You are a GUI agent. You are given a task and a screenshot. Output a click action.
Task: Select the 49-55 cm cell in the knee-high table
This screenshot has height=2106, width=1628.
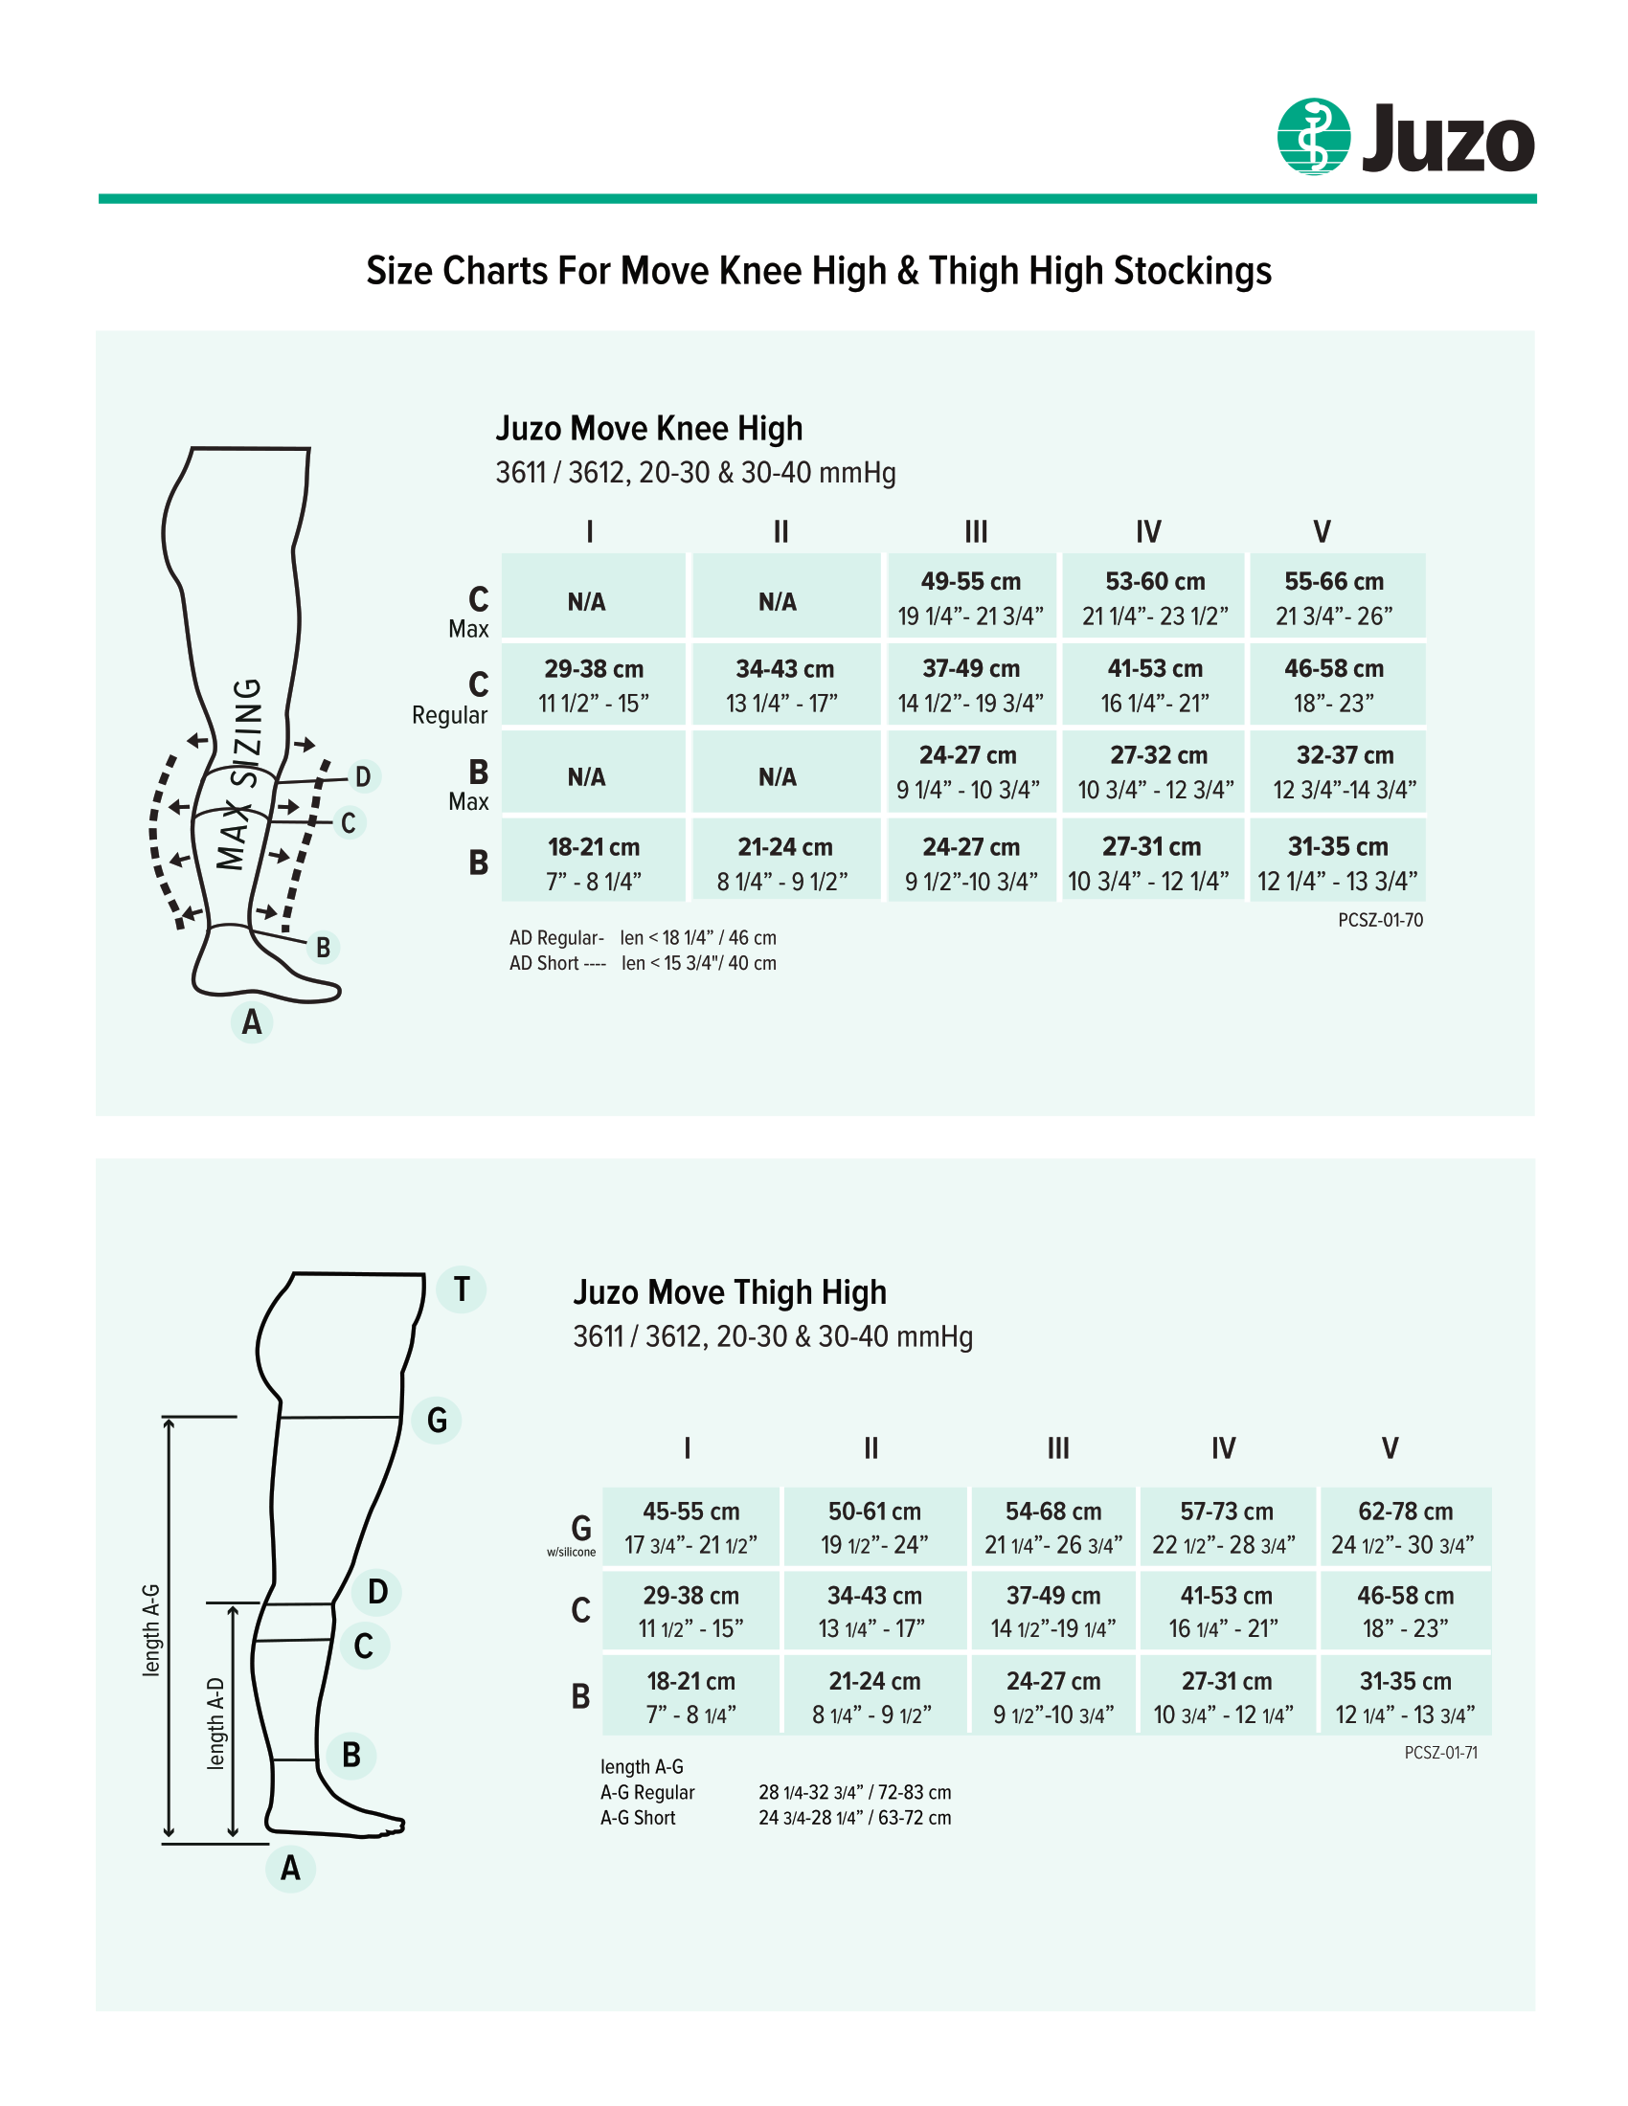pos(970,597)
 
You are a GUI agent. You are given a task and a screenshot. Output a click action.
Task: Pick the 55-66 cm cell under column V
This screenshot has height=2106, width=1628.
pos(1335,597)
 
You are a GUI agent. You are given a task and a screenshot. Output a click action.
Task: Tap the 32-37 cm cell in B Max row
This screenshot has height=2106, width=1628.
pos(1345,772)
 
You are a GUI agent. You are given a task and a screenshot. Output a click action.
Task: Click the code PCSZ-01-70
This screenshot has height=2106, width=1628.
pos(1379,920)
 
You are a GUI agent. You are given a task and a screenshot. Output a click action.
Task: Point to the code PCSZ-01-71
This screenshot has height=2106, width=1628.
pos(1440,1753)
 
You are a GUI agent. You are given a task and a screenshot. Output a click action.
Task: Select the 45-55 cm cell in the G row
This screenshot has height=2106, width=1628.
pos(690,1528)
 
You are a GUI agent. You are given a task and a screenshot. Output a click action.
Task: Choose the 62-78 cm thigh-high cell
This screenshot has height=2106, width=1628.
pos(1404,1528)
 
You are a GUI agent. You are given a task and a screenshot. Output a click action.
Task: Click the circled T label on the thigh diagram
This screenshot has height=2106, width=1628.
pos(461,1289)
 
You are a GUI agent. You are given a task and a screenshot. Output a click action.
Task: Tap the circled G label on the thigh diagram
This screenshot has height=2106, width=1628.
pos(437,1421)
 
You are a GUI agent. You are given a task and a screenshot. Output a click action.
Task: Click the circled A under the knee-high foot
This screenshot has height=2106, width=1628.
pos(252,1022)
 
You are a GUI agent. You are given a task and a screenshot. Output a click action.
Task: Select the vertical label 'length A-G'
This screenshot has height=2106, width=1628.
pos(151,1630)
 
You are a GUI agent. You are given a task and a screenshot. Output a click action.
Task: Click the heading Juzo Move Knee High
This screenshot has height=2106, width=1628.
pos(648,428)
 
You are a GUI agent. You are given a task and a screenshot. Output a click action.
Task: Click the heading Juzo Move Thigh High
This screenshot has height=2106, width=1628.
pos(729,1292)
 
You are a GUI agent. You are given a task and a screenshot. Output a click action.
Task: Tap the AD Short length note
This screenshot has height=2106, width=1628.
pos(643,963)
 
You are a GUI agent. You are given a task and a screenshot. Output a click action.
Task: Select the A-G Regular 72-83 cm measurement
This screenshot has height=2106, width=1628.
pos(854,1793)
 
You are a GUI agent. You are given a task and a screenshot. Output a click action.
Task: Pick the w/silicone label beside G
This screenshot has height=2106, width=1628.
pos(571,1553)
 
